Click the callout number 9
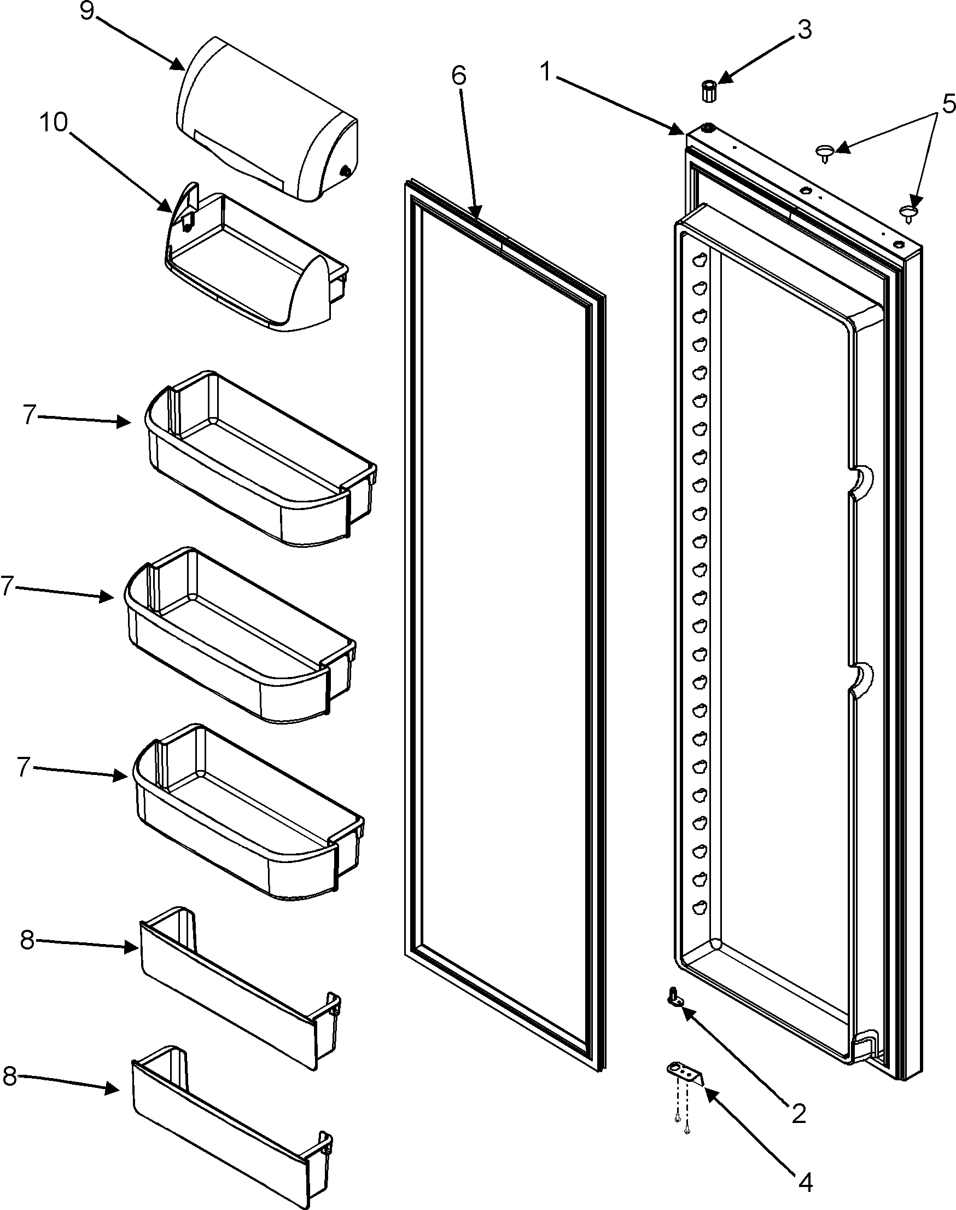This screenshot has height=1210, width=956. click(x=86, y=10)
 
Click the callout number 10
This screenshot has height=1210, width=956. click(x=53, y=122)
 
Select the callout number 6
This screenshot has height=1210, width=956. click(x=458, y=75)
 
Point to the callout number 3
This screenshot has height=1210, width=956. click(x=804, y=30)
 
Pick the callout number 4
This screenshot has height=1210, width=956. click(x=805, y=1183)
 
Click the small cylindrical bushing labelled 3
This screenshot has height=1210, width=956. click(x=709, y=90)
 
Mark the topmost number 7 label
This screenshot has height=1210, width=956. click(x=31, y=415)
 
